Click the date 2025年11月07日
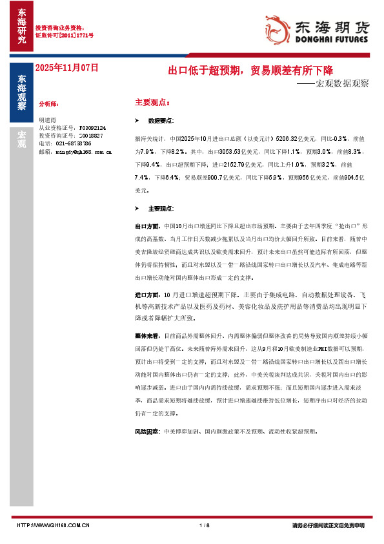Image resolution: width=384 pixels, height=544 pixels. click(66, 67)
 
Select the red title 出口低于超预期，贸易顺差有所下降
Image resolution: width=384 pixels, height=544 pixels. click(250, 70)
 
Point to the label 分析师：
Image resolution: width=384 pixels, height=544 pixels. click(49, 103)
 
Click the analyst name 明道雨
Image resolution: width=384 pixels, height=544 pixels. click(48, 120)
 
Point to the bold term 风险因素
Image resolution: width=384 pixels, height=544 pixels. click(146, 431)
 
